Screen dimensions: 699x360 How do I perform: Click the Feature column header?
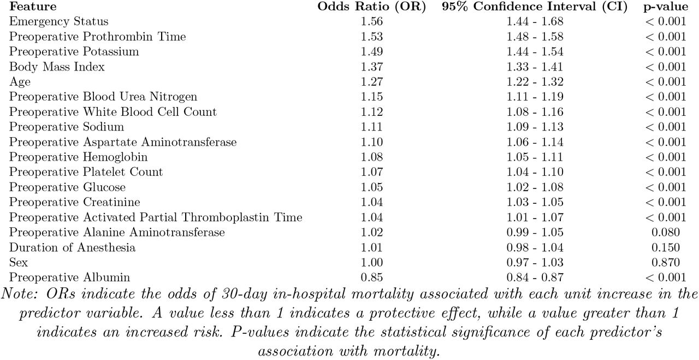click(x=33, y=6)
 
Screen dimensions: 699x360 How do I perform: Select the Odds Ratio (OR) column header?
click(x=372, y=7)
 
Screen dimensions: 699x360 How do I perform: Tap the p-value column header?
click(x=666, y=7)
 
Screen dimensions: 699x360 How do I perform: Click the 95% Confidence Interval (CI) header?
click(x=535, y=7)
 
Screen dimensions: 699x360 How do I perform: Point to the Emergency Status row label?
click(x=58, y=21)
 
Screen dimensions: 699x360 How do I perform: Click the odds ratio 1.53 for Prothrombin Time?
click(x=372, y=37)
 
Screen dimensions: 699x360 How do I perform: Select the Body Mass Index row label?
click(x=57, y=67)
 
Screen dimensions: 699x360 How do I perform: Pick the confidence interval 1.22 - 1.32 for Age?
click(x=535, y=82)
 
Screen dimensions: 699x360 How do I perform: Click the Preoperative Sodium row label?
click(x=67, y=127)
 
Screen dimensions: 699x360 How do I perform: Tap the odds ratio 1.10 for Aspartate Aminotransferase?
click(x=372, y=142)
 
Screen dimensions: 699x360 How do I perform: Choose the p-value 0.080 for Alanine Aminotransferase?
click(x=666, y=232)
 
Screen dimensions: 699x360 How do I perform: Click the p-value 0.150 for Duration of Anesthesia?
click(x=666, y=247)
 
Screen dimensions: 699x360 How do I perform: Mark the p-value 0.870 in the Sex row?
click(x=666, y=263)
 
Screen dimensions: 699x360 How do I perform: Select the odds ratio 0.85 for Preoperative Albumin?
click(x=372, y=278)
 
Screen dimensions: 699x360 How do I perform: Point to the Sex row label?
click(x=19, y=262)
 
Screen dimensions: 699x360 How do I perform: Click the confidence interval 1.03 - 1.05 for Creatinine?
click(x=535, y=202)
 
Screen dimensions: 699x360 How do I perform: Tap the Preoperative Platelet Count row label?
click(x=86, y=172)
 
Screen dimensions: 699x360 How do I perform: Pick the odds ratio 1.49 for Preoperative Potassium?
click(x=372, y=51)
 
